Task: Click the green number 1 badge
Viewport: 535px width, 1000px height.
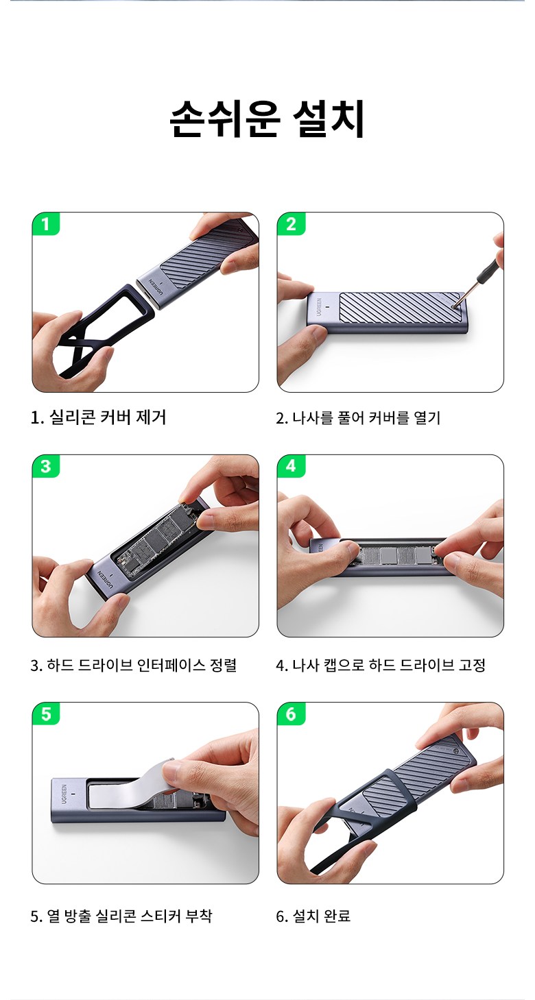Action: (x=45, y=223)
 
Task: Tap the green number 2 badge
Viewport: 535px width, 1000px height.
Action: (x=291, y=223)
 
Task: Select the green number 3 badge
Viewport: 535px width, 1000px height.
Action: (x=45, y=466)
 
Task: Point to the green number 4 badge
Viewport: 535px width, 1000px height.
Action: (x=291, y=466)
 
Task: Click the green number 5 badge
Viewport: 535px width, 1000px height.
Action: (x=45, y=714)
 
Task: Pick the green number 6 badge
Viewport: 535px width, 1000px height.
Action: (x=291, y=714)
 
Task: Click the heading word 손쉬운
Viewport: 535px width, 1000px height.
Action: (x=225, y=119)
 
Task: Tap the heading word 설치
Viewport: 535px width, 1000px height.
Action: (x=329, y=119)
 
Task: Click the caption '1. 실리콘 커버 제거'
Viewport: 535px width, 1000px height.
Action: (x=98, y=417)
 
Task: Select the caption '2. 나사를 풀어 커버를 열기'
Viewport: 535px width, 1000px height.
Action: (x=358, y=418)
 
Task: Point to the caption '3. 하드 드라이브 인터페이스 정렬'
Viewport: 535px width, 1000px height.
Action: (x=134, y=665)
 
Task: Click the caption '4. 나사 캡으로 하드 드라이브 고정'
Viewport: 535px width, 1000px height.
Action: (x=381, y=665)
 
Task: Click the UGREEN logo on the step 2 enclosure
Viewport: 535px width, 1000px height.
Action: (x=319, y=307)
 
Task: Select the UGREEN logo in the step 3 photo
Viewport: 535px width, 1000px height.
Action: (x=106, y=578)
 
